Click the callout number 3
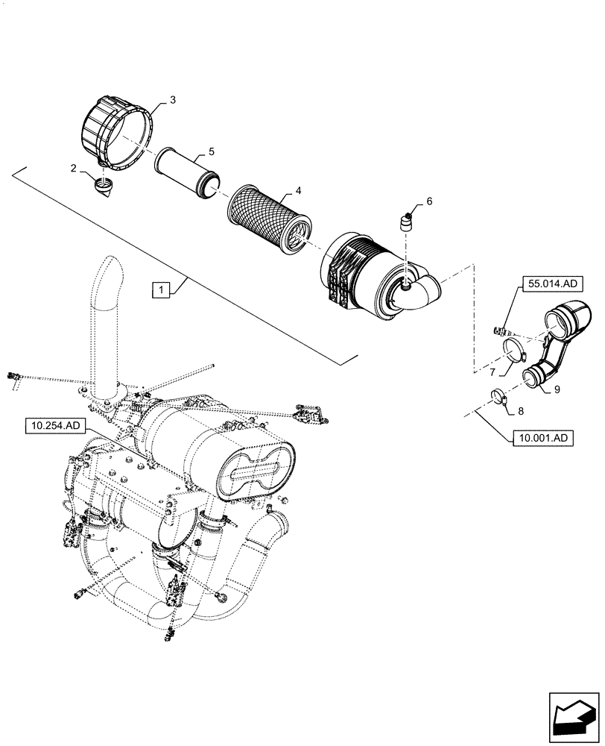click(x=173, y=99)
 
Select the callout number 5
click(x=212, y=151)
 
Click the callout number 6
click(x=429, y=201)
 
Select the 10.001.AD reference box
click(x=542, y=439)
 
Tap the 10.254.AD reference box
click(x=57, y=426)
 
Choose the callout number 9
click(x=555, y=389)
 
